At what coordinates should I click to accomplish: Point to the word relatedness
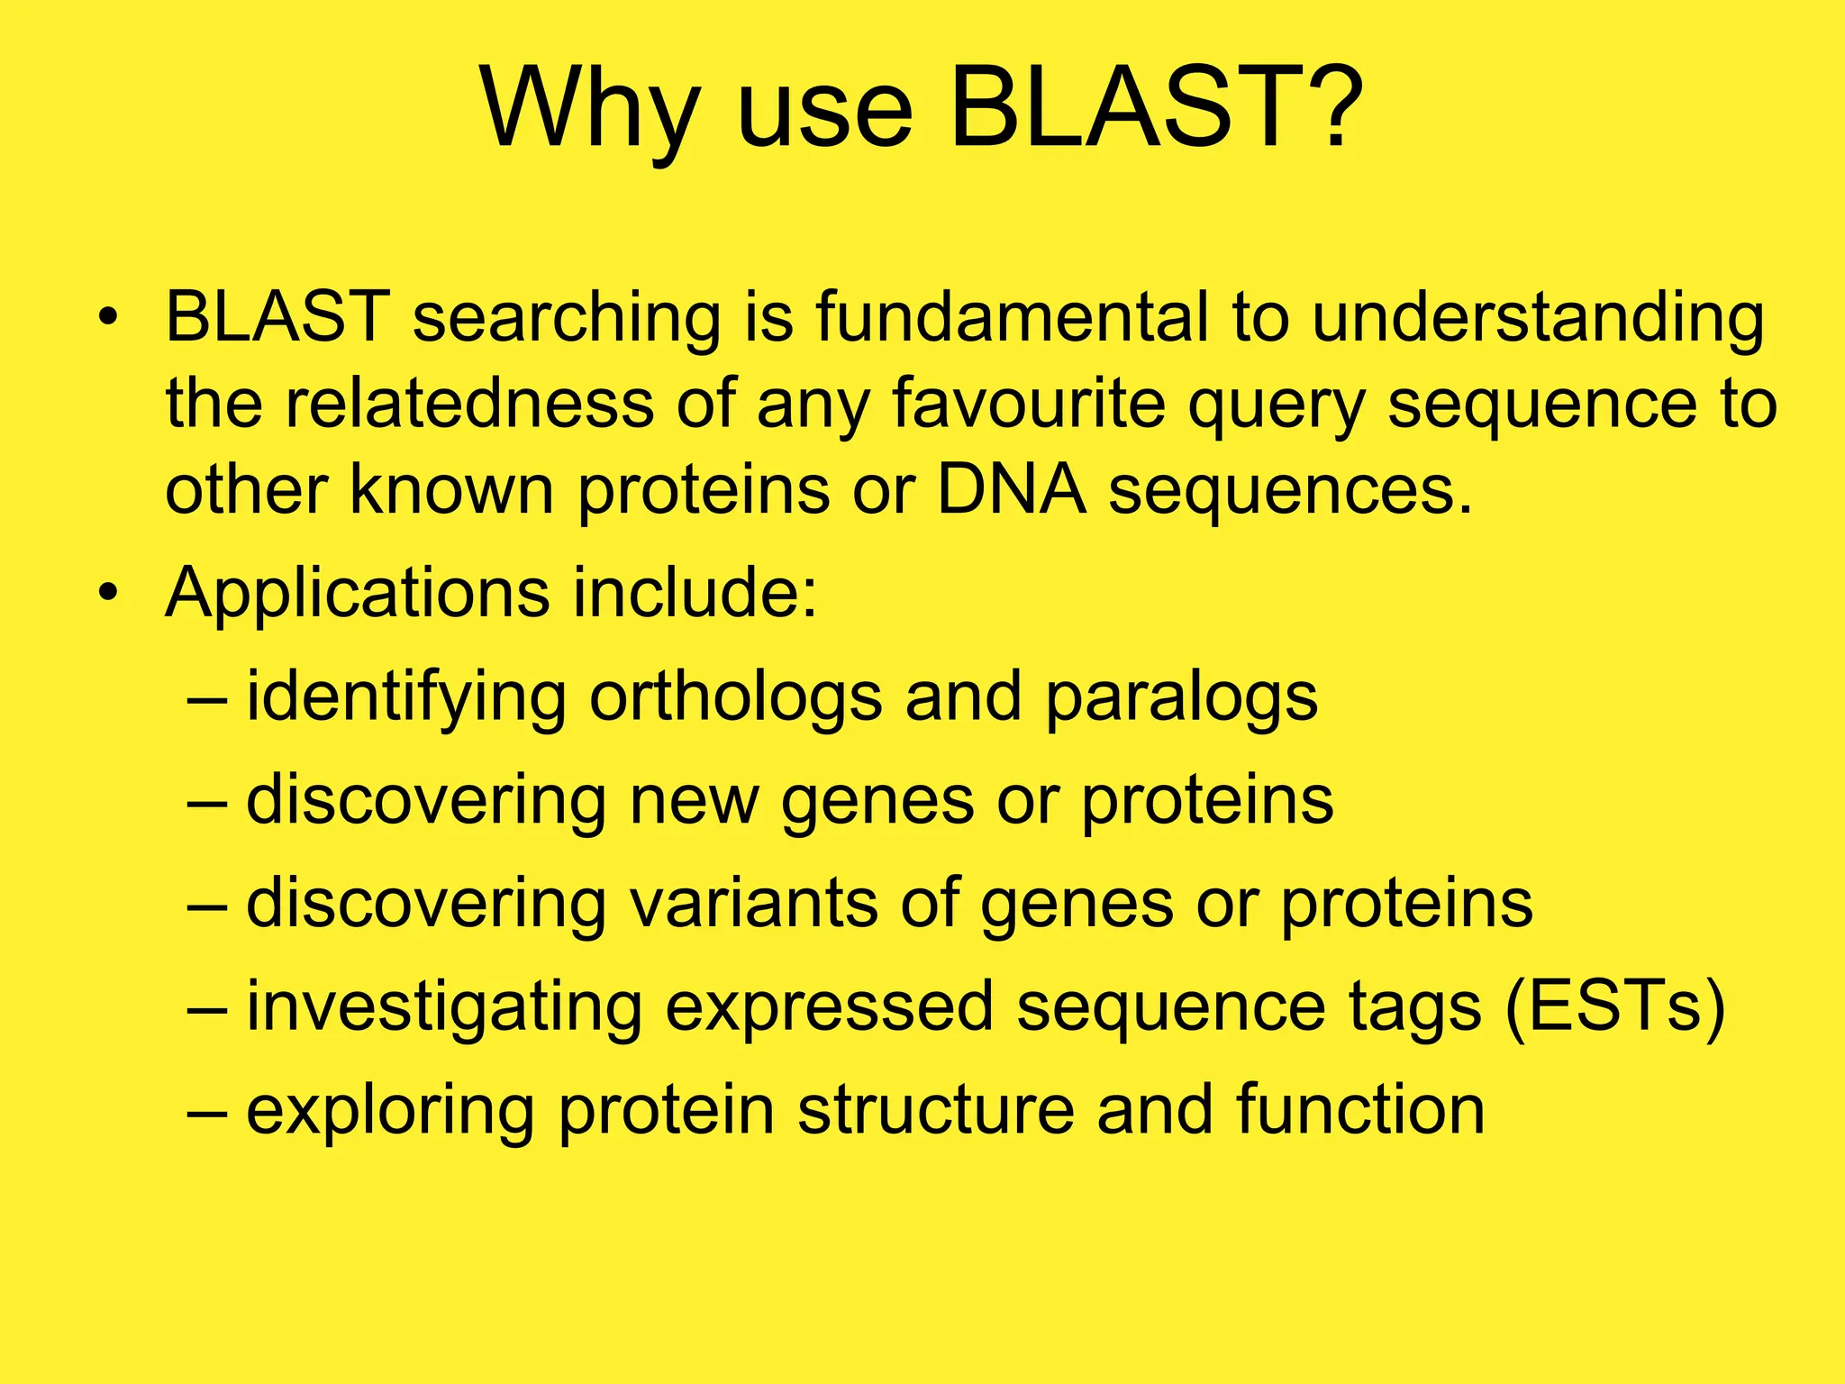469,403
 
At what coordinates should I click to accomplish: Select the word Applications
357,595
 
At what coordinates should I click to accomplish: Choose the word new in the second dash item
694,801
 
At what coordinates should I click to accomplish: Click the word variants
753,904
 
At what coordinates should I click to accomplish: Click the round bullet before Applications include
109,594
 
